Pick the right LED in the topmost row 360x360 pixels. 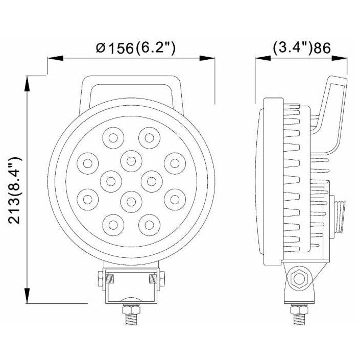[149, 137]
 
